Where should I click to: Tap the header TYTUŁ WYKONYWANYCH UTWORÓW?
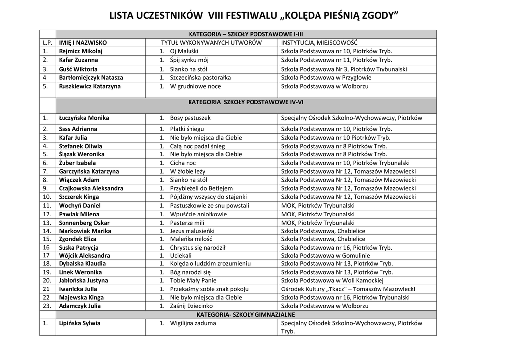click(x=211, y=43)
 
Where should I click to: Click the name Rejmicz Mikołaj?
click(x=80, y=51)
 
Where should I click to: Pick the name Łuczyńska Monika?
click(x=83, y=118)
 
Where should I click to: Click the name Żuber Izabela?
click(x=77, y=163)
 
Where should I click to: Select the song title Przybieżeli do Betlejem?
click(x=201, y=188)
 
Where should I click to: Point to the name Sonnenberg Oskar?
click(x=84, y=223)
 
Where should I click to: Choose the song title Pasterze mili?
click(x=187, y=223)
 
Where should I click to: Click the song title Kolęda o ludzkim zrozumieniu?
click(x=210, y=264)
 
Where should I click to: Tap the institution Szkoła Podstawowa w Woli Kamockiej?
click(x=332, y=280)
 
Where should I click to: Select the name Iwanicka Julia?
click(x=78, y=289)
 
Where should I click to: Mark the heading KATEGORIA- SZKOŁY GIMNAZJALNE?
click(x=246, y=315)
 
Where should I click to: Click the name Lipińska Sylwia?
click(x=79, y=323)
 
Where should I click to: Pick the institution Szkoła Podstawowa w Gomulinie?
click(x=325, y=255)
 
